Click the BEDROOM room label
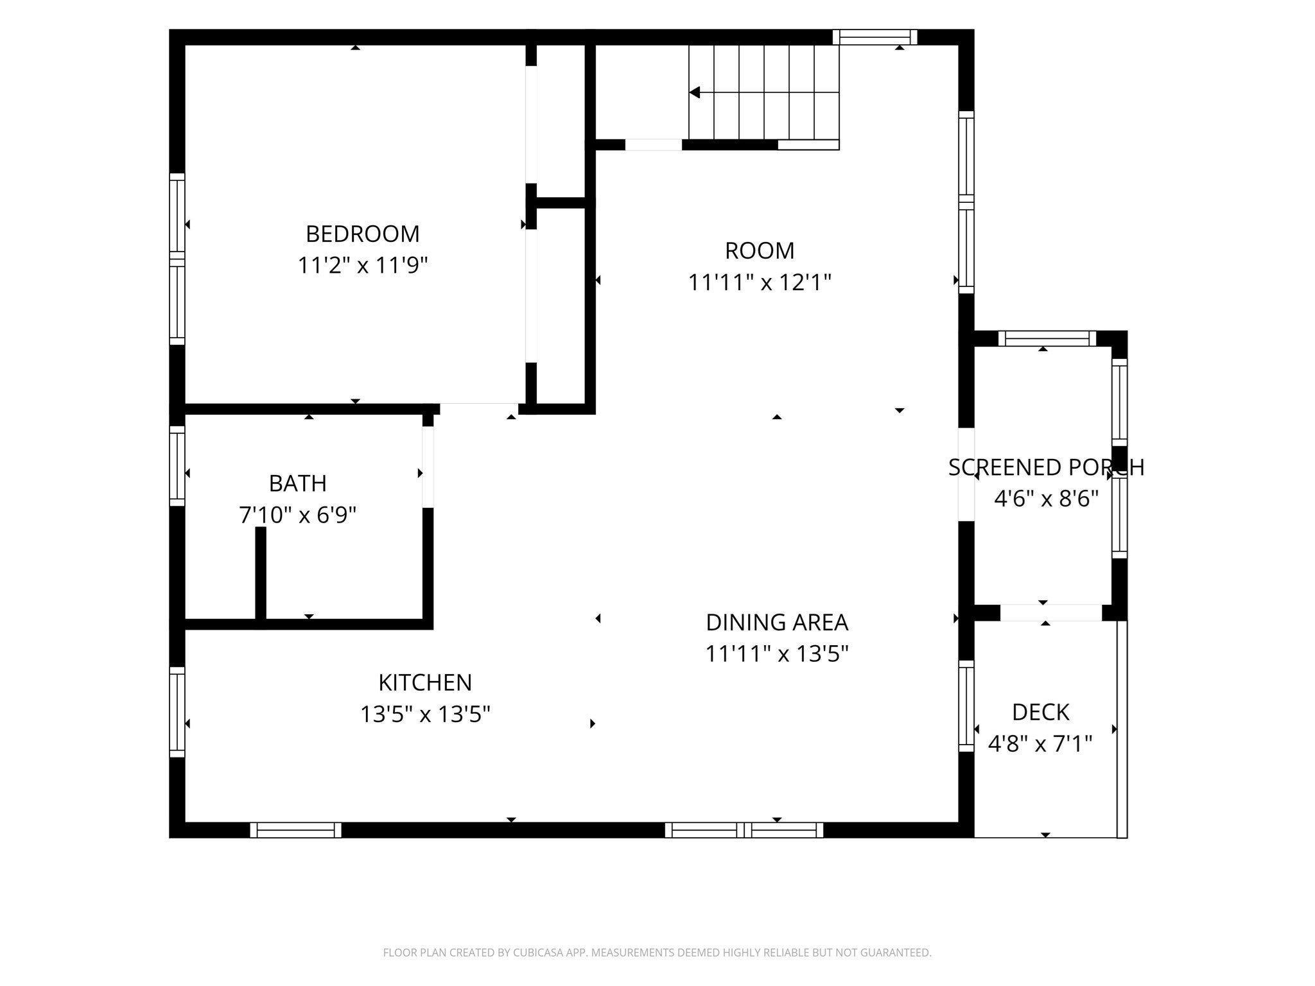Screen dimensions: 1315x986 click(x=362, y=234)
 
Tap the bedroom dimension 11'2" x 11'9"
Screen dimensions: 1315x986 click(x=362, y=265)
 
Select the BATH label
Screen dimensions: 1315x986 click(x=297, y=483)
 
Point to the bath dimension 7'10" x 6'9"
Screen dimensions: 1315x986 click(x=297, y=515)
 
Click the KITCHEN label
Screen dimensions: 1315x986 click(x=425, y=682)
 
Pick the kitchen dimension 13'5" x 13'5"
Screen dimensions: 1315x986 click(x=425, y=714)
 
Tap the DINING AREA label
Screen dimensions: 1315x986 click(x=777, y=622)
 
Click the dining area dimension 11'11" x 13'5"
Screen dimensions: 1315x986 click(x=777, y=653)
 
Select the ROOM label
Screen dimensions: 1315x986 click(x=760, y=250)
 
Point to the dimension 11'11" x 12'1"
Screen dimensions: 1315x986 click(x=760, y=282)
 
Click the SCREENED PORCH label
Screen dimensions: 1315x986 click(x=1046, y=467)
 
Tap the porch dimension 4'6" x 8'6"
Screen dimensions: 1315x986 click(x=1046, y=499)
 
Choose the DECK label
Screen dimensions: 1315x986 click(x=1040, y=713)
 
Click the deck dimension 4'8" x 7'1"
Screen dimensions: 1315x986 click(x=1040, y=744)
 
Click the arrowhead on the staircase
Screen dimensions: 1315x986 click(x=694, y=92)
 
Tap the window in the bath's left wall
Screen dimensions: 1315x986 click(x=177, y=465)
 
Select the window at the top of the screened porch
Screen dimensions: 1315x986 click(x=1047, y=338)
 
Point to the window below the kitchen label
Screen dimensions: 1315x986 click(x=295, y=830)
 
